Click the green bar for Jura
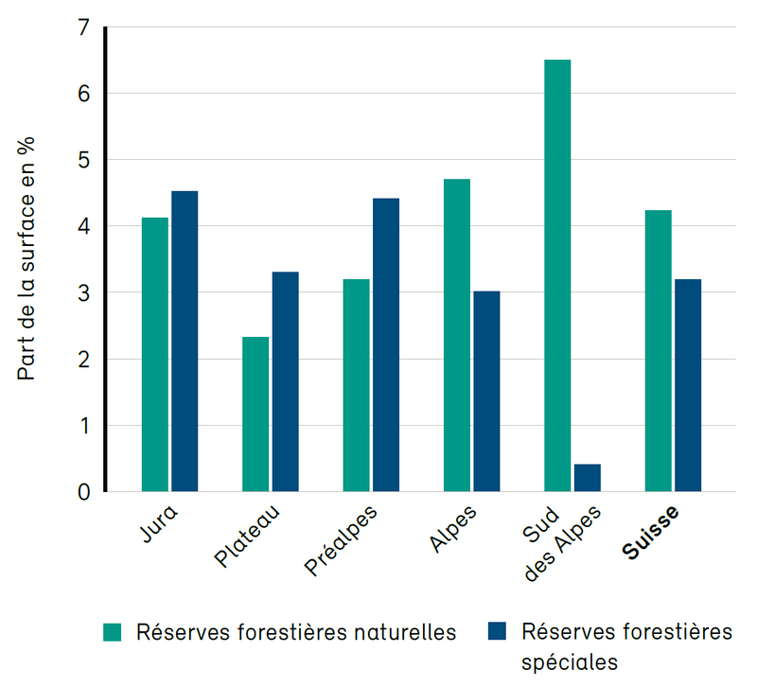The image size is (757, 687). pyautogui.click(x=155, y=355)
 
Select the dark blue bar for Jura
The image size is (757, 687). pyautogui.click(x=185, y=342)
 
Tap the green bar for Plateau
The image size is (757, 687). pyautogui.click(x=255, y=414)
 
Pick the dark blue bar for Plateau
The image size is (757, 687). pyautogui.click(x=285, y=382)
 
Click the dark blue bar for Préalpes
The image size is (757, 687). pyautogui.click(x=386, y=345)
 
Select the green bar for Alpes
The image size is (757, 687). pyautogui.click(x=457, y=336)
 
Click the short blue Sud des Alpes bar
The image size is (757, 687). pyautogui.click(x=587, y=478)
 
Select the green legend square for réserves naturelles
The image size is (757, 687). pyautogui.click(x=113, y=632)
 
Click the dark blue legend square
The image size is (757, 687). pyautogui.click(x=497, y=632)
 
